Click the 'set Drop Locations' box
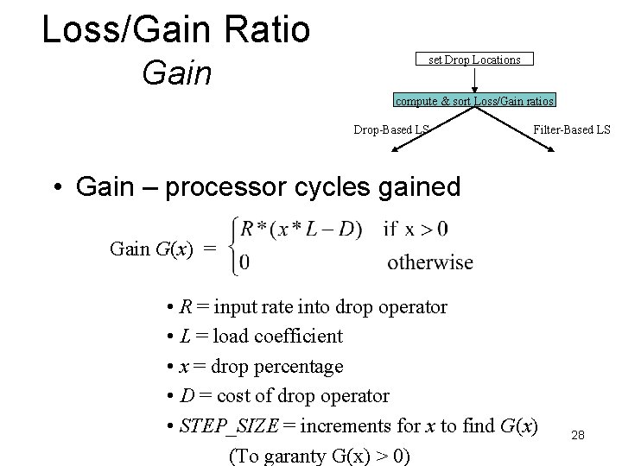475,60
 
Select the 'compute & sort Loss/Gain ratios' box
475,101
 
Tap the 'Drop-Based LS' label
391,130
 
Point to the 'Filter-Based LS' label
572,130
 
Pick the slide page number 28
578,436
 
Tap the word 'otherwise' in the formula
430,262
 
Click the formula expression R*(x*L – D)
301,230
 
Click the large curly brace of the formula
232,246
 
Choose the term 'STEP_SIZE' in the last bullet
230,425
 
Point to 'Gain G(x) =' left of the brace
163,249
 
